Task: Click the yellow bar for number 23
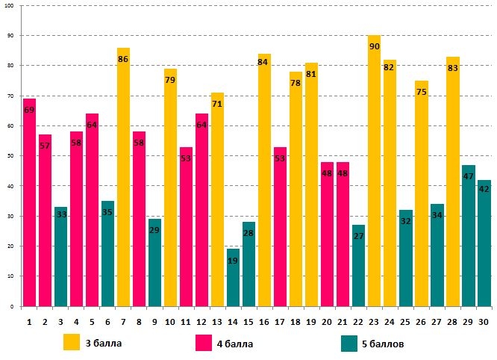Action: pyautogui.click(x=374, y=172)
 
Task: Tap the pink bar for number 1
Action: pyautogui.click(x=29, y=202)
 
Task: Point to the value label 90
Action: pyautogui.click(x=374, y=47)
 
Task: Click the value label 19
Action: pyautogui.click(x=233, y=261)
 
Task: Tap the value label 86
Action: pyautogui.click(x=123, y=59)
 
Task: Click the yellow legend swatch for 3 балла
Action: pyautogui.click(x=72, y=342)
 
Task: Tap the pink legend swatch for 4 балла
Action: pyautogui.click(x=204, y=342)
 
